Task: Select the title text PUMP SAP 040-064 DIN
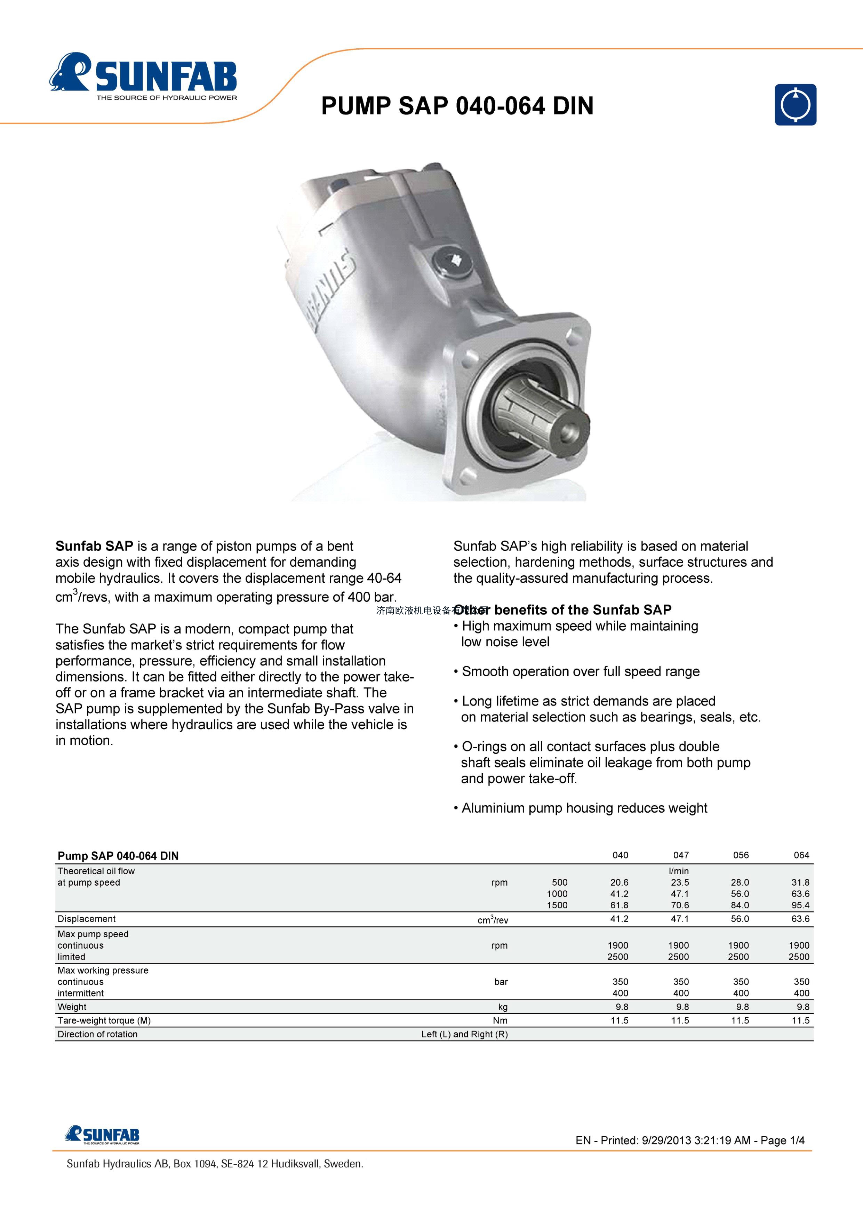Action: tap(457, 106)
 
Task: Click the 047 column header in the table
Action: tap(681, 855)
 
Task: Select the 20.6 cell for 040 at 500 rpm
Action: tap(619, 882)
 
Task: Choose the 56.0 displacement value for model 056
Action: tap(740, 919)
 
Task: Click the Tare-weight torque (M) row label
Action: tap(104, 1020)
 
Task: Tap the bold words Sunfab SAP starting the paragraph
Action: tap(94, 546)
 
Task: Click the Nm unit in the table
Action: tap(500, 1020)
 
